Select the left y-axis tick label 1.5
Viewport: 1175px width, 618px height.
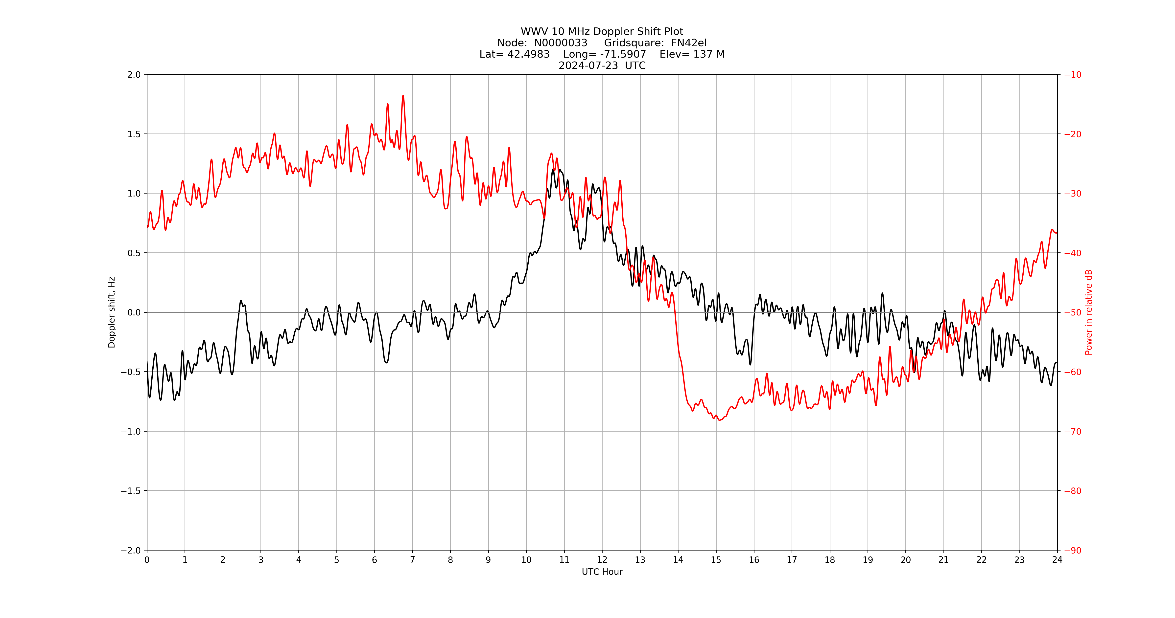click(x=134, y=134)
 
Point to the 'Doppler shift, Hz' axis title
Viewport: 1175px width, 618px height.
click(x=112, y=312)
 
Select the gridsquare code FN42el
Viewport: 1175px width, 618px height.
click(x=689, y=43)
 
